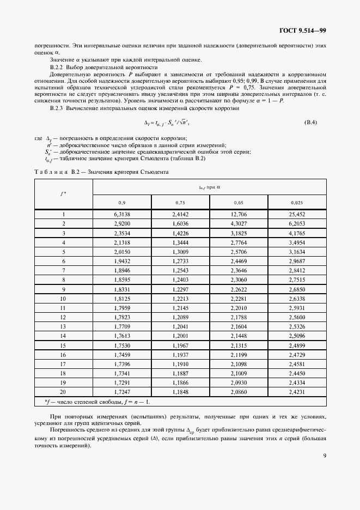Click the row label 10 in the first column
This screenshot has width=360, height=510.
(63, 299)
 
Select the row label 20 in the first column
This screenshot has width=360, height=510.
(63, 392)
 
